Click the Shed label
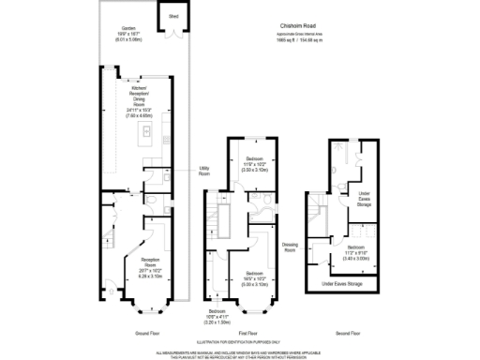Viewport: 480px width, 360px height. (173, 16)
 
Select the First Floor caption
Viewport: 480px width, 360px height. (247, 333)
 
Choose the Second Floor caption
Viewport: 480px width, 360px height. (349, 333)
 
